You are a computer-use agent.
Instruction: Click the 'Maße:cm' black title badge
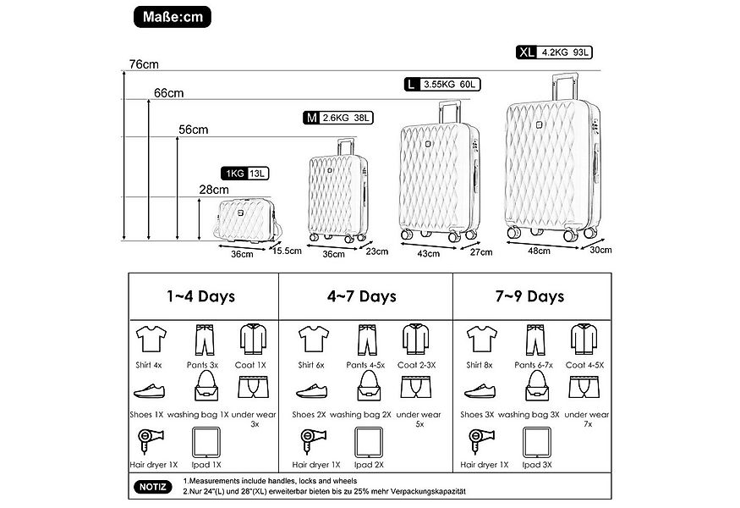173,16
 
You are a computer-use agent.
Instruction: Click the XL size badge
527,52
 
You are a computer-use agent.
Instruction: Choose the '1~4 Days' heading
200,296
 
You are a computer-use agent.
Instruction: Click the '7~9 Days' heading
530,296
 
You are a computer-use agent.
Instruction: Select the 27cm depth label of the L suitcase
480,251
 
